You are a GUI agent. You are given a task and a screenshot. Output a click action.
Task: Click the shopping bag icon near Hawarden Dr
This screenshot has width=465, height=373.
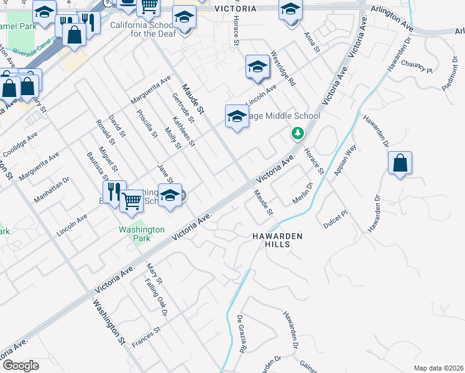point(400,163)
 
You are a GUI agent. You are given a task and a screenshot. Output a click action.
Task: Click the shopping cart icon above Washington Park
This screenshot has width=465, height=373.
point(131,201)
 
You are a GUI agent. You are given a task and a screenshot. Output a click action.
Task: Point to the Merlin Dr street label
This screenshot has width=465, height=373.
point(302,193)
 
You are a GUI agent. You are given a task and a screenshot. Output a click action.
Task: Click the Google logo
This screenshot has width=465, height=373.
point(21,365)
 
